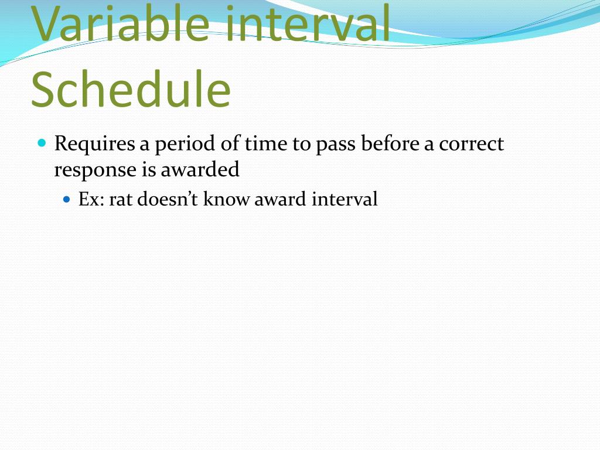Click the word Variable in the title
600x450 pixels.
point(121,23)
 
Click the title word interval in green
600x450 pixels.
point(308,23)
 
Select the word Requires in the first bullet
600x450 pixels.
point(94,144)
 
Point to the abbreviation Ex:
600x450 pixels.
point(91,199)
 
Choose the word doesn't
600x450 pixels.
point(169,199)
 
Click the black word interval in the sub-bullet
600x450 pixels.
point(345,199)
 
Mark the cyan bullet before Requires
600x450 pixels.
point(42,142)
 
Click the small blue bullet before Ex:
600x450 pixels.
point(66,199)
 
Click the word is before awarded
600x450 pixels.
point(148,170)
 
